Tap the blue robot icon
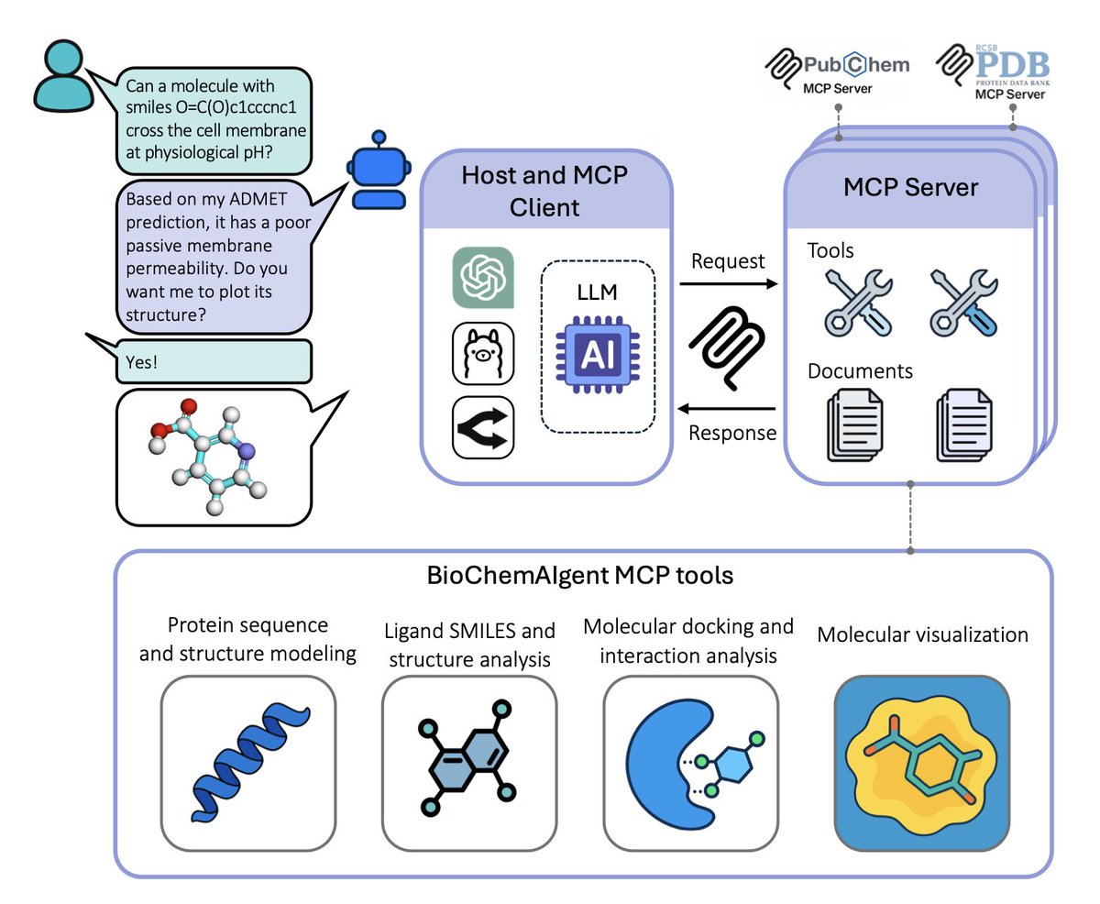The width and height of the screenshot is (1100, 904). [x=373, y=180]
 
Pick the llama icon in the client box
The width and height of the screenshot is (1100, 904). [x=483, y=353]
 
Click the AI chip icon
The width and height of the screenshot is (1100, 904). [x=597, y=348]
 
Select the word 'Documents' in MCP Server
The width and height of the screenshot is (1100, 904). [x=860, y=371]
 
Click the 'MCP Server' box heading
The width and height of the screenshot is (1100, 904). [x=910, y=188]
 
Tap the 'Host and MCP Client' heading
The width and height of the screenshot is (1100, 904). [x=544, y=191]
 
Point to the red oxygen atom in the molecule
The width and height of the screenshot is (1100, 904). [x=189, y=406]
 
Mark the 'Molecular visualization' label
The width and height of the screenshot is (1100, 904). [x=922, y=634]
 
